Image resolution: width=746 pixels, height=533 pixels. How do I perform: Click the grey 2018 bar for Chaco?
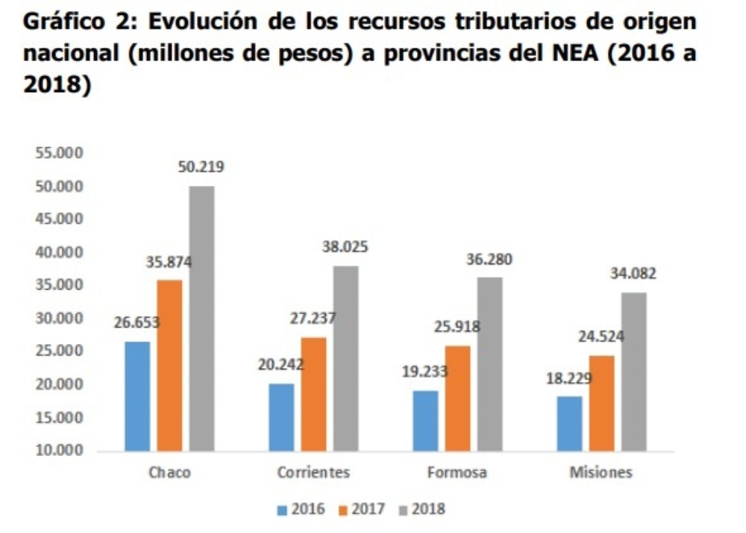(201, 318)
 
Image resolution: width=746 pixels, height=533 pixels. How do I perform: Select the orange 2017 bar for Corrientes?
(313, 394)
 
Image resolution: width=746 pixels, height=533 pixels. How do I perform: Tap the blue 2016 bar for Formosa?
(425, 421)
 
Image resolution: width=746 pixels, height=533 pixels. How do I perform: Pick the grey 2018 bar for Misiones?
(634, 372)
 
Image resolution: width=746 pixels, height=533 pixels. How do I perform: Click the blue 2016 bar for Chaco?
(137, 396)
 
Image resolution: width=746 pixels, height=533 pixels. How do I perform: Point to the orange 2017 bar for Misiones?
(601, 403)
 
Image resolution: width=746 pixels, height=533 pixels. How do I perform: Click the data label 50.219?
(201, 166)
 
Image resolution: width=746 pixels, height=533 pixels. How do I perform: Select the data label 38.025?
(345, 247)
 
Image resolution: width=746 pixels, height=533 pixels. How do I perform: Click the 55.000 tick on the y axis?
(57, 154)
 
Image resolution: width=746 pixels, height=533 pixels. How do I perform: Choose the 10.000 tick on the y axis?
(57, 451)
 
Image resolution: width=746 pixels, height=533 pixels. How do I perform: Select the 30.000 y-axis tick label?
(57, 319)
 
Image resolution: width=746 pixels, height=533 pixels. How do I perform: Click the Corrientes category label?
(313, 473)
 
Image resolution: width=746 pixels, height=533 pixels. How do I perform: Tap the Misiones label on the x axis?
(601, 473)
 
